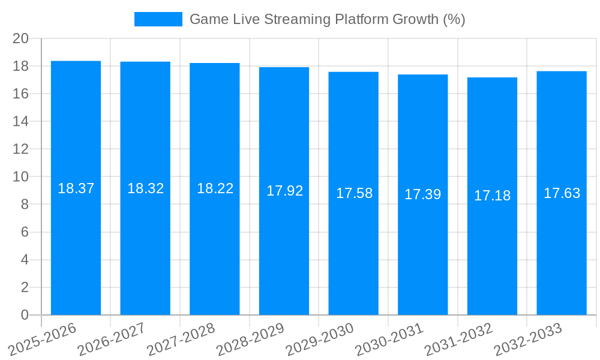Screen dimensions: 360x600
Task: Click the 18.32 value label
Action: click(145, 188)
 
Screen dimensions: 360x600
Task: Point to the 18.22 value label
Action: click(215, 188)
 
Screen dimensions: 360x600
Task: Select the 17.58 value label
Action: click(354, 193)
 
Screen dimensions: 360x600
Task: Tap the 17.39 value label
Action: click(422, 194)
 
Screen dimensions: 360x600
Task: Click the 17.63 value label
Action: click(562, 193)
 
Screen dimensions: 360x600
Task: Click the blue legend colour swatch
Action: click(158, 19)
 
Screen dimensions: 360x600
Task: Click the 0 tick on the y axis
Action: click(25, 315)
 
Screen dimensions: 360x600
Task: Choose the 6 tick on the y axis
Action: click(25, 232)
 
